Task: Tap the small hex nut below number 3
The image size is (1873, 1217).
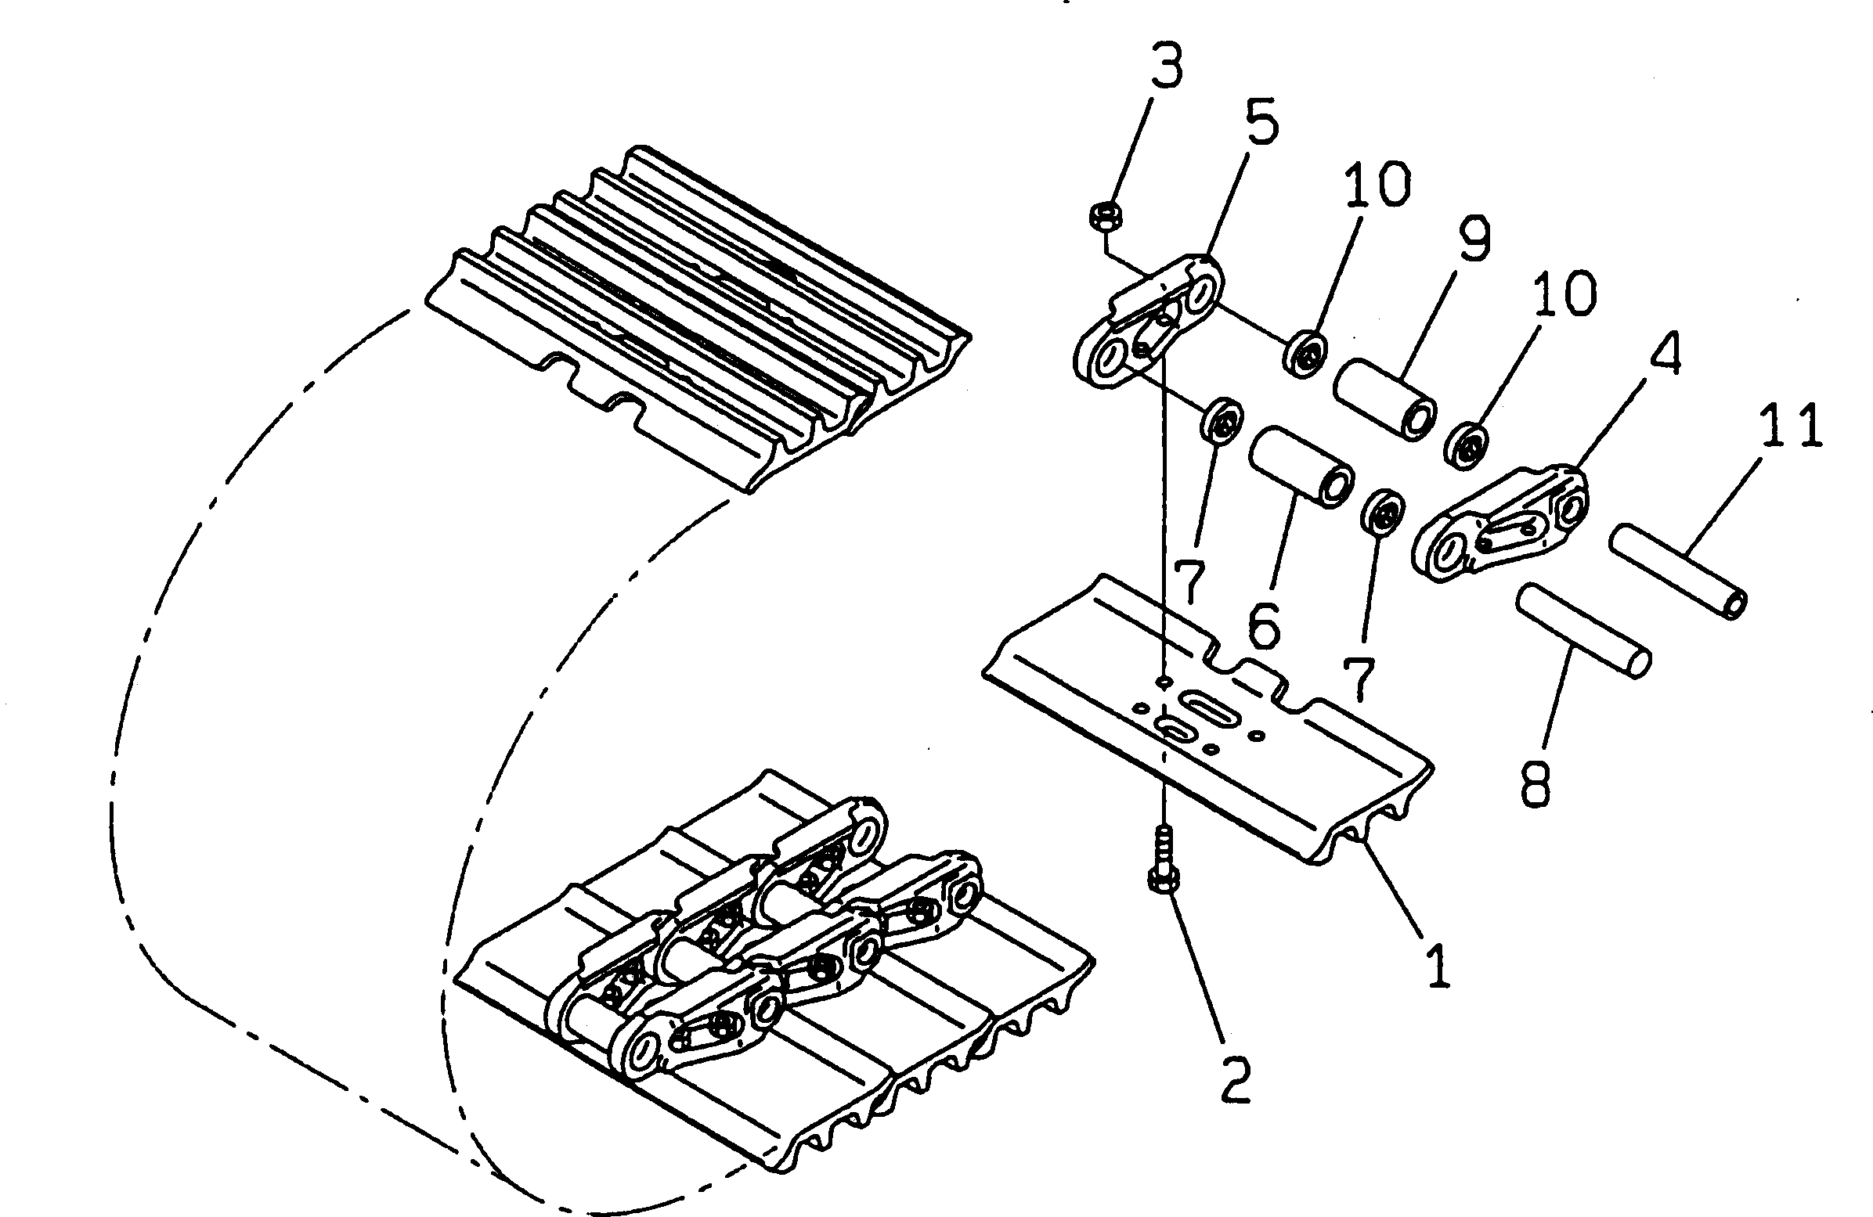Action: pyautogui.click(x=1106, y=216)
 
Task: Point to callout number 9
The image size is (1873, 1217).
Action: pyautogui.click(x=1473, y=239)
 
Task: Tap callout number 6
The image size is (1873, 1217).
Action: pyautogui.click(x=1264, y=623)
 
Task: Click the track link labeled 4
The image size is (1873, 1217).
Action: pyautogui.click(x=1499, y=524)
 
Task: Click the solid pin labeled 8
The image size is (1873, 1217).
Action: pyautogui.click(x=1582, y=642)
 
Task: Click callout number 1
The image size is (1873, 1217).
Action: pyautogui.click(x=1438, y=965)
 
